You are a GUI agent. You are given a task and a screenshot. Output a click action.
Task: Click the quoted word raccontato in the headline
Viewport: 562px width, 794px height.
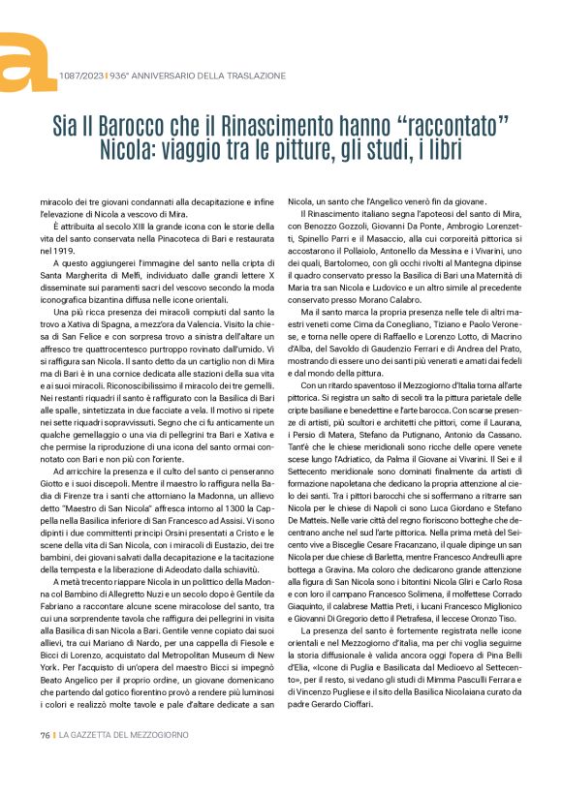click(451, 126)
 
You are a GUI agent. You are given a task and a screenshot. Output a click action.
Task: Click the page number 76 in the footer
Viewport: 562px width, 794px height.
click(45, 762)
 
